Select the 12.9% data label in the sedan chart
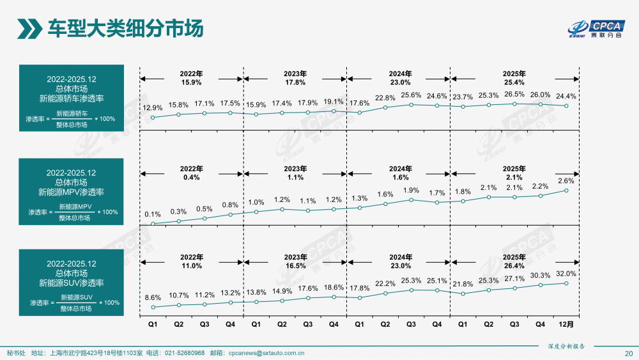pos(153,108)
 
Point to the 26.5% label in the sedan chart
pos(514,93)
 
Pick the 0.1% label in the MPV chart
pos(153,214)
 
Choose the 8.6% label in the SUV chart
pos(153,297)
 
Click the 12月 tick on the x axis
pos(566,324)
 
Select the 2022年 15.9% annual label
pos(191,78)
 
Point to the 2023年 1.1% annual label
pos(295,173)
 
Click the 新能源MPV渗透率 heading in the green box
pos(71,192)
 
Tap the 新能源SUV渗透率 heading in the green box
pos(71,283)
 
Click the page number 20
pos(628,354)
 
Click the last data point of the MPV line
pos(566,190)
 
